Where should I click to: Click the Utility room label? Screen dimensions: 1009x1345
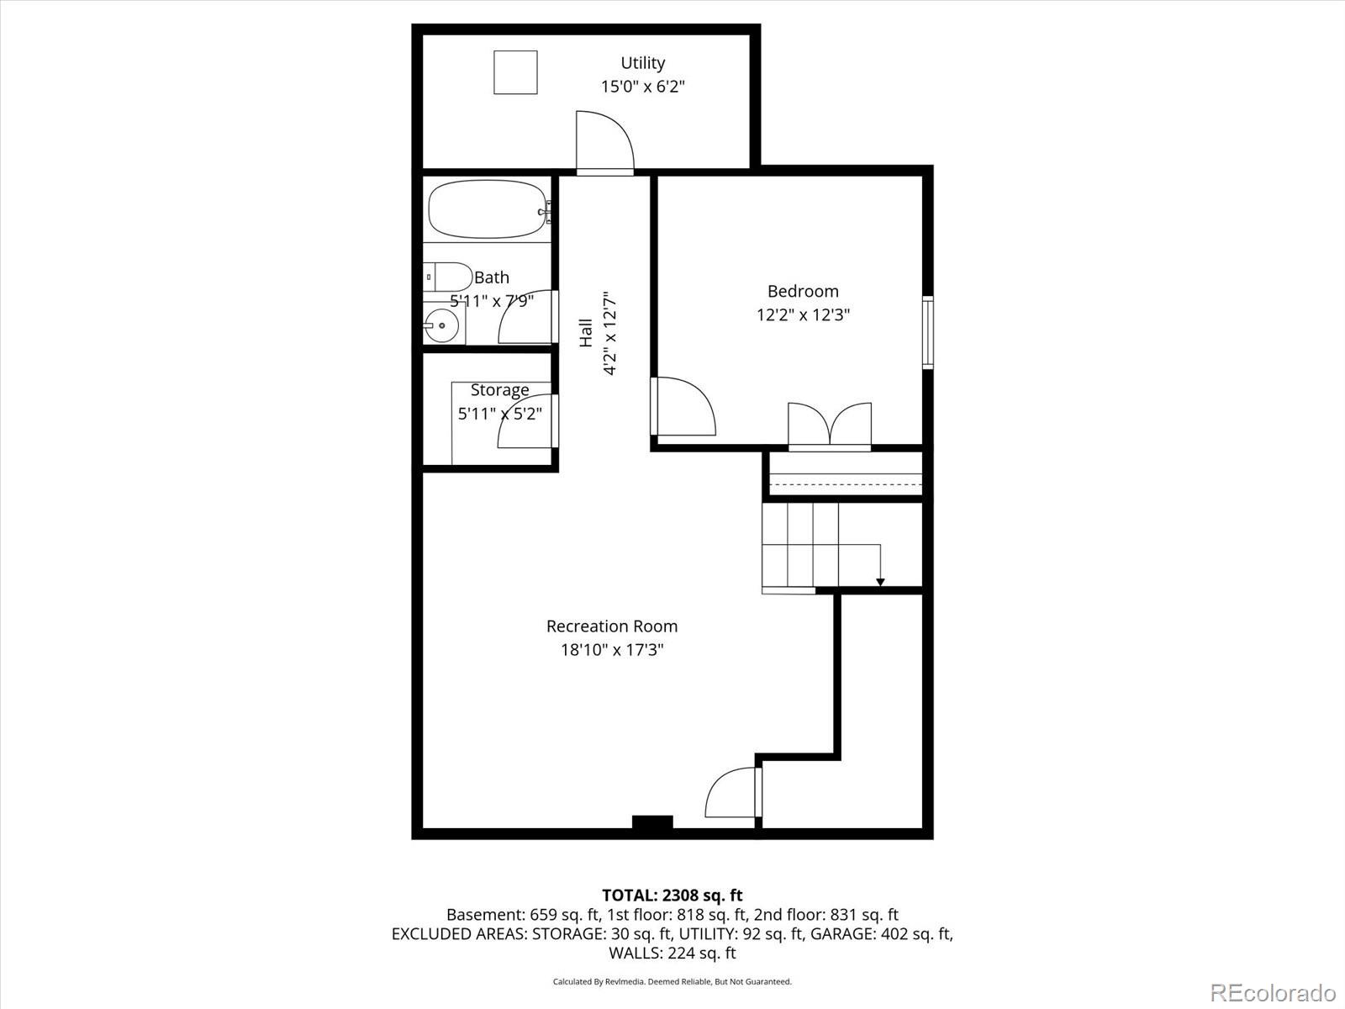(642, 63)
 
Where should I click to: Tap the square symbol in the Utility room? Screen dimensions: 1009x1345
(514, 72)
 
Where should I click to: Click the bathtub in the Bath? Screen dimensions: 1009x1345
(486, 209)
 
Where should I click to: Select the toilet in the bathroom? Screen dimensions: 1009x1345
(447, 276)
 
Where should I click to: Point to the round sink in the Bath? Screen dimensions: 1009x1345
(440, 325)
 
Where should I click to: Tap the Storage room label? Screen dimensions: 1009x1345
(499, 390)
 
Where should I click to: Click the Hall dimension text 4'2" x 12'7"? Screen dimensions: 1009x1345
(609, 333)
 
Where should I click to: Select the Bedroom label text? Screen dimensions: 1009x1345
(803, 292)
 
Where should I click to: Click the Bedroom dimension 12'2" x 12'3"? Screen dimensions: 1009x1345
(803, 315)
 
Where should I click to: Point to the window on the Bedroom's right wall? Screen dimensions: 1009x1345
(927, 332)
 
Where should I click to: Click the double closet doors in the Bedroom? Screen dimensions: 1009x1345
(829, 425)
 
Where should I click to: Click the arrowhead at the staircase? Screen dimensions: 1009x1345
(880, 582)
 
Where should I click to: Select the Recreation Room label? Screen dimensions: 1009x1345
(611, 626)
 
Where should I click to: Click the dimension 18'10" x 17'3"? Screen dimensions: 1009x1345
(611, 650)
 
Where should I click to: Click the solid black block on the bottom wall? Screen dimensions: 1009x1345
(652, 823)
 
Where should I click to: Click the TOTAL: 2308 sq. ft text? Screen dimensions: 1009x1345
(672, 895)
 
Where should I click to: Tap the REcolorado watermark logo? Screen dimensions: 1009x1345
(1272, 992)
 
